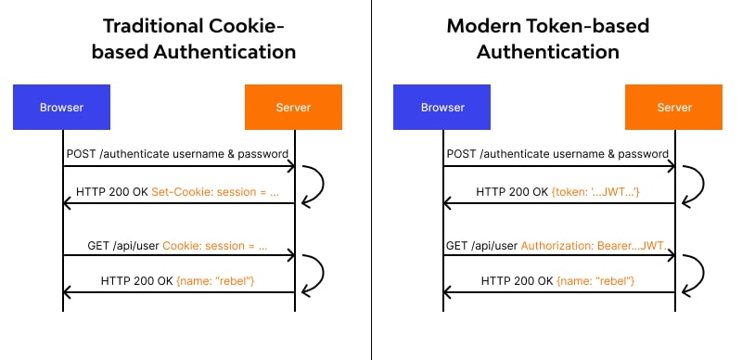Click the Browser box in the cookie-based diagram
click(62, 108)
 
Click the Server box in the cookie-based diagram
click(293, 108)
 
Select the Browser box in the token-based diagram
click(441, 108)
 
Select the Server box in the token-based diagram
click(673, 108)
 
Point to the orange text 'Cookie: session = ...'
click(214, 247)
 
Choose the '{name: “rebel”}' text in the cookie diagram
click(215, 281)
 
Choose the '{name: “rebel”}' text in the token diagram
click(595, 281)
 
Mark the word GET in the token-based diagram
click(456, 247)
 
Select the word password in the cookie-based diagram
click(262, 153)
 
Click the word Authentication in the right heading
click(548, 52)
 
